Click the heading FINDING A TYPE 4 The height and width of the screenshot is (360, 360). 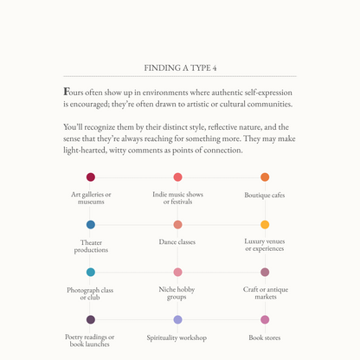click(x=179, y=67)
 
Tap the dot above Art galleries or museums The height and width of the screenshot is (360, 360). click(x=91, y=177)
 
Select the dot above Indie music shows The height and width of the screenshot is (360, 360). click(x=177, y=177)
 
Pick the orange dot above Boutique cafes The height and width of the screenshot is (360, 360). click(x=265, y=177)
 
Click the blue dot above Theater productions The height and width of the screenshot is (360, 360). click(x=91, y=225)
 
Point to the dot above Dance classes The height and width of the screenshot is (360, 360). click(x=177, y=225)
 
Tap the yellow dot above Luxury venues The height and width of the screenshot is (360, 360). click(x=265, y=225)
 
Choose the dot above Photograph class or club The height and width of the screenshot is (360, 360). click(x=91, y=272)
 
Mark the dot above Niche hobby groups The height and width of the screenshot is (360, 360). click(x=177, y=272)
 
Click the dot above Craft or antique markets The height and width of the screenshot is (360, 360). click(x=265, y=272)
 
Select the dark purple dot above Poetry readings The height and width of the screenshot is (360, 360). click(x=91, y=319)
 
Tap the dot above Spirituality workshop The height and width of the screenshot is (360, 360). click(x=177, y=319)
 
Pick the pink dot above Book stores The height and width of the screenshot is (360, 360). click(x=265, y=319)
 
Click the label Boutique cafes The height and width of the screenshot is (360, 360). click(x=265, y=196)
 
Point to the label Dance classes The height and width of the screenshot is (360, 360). click(x=177, y=242)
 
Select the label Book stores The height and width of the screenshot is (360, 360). click(x=265, y=337)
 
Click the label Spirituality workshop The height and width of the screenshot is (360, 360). click(x=177, y=337)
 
